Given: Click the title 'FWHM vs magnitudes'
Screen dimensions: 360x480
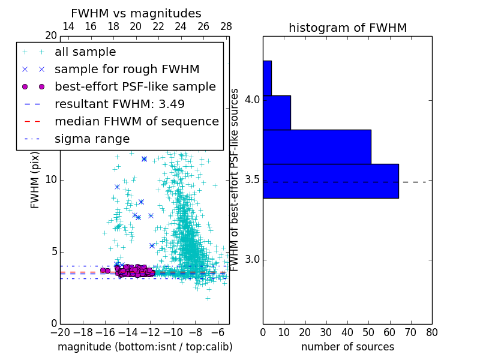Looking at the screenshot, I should (x=136, y=13).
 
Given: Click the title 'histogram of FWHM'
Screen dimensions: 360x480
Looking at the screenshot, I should (x=347, y=28).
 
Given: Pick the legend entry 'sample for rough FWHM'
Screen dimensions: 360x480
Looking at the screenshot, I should (x=127, y=69).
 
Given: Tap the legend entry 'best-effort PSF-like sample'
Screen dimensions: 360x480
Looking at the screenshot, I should (x=135, y=86).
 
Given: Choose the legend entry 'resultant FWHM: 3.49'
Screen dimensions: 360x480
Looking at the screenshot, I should (x=119, y=104).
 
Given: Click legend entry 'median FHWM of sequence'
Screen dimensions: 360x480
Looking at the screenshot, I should (x=136, y=121).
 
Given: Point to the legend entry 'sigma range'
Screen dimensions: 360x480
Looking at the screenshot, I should (x=92, y=139).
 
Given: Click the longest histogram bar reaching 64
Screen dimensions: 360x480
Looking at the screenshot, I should (x=331, y=181).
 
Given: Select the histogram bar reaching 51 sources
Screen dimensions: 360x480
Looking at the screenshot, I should (x=317, y=146).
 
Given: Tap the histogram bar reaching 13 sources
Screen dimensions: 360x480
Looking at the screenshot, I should (x=277, y=112).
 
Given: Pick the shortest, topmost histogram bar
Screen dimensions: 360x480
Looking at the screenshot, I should (x=267, y=78).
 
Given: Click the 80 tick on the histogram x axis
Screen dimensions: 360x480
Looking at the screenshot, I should (x=431, y=332).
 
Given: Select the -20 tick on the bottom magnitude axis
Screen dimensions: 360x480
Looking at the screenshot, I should (x=60, y=332).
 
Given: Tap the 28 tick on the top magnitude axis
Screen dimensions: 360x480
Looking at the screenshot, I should (x=226, y=26).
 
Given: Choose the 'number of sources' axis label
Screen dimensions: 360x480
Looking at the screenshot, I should (x=347, y=347).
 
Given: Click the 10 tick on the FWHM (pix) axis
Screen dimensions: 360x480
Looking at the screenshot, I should (x=50, y=179).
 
